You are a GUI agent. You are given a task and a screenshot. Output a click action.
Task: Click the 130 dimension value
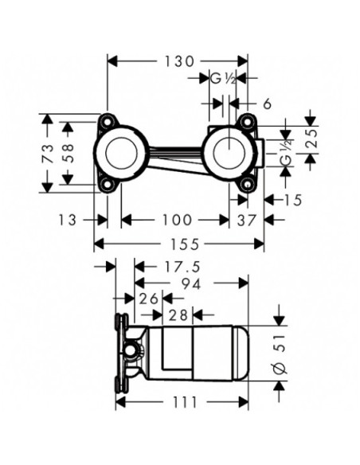tap(179, 61)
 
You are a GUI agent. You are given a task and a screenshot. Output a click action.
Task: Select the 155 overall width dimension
tap(185, 244)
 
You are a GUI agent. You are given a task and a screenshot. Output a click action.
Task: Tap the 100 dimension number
tap(177, 220)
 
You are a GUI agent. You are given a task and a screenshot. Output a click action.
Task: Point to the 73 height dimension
tap(48, 154)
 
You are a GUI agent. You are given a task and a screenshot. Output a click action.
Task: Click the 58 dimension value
tap(68, 153)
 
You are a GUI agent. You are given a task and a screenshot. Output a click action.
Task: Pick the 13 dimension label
tap(68, 220)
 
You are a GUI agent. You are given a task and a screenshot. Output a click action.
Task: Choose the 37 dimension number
tap(246, 220)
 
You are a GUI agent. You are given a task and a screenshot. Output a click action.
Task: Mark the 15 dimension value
tap(292, 200)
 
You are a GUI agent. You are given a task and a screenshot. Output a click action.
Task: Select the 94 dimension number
tap(191, 283)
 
